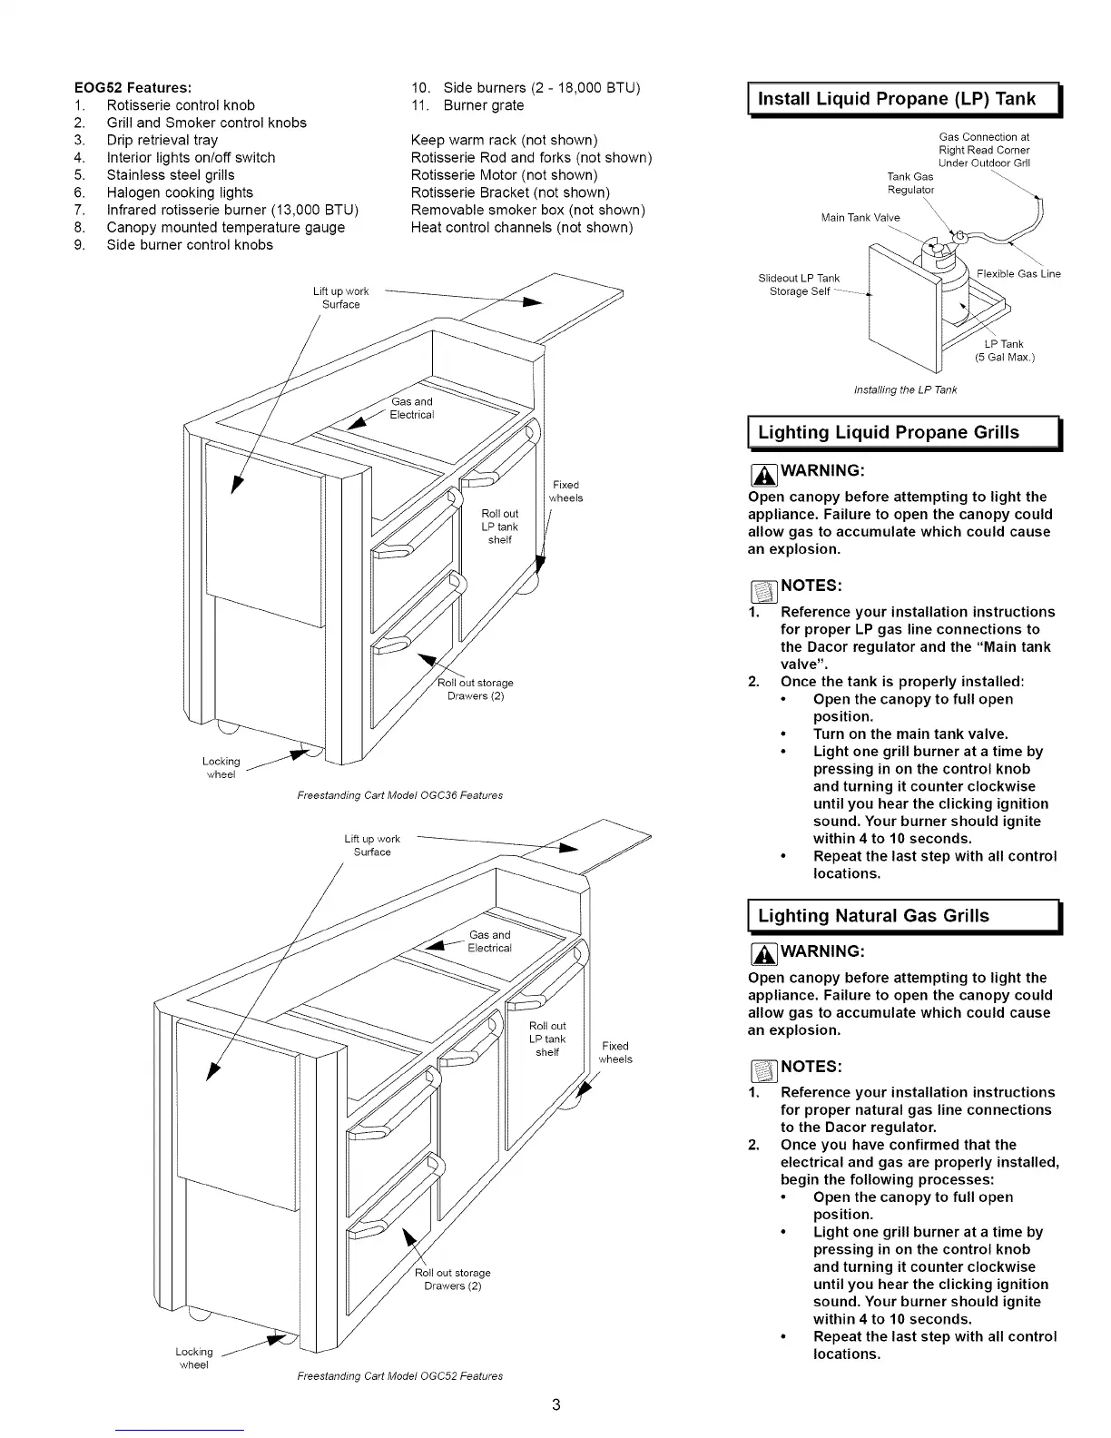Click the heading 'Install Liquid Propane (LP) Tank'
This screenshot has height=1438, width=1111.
(x=896, y=99)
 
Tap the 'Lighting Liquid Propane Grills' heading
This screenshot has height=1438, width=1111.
(x=888, y=433)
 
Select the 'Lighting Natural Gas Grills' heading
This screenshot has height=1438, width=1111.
(x=873, y=916)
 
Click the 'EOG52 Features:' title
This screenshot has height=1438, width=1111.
(x=133, y=88)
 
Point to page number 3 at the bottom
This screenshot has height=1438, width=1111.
(x=555, y=1405)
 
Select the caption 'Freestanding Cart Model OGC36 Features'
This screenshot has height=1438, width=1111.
(x=400, y=795)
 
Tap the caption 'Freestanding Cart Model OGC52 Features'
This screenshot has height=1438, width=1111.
(x=400, y=1376)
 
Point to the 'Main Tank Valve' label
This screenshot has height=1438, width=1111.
(x=860, y=218)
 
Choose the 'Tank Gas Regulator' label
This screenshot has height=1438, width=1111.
(x=909, y=183)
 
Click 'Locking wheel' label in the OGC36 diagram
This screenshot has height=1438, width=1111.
(x=221, y=768)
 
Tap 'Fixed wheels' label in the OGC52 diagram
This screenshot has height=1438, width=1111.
(x=615, y=1052)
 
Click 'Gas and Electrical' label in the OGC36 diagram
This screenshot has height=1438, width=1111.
(x=411, y=409)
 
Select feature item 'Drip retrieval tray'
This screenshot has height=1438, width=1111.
(x=162, y=140)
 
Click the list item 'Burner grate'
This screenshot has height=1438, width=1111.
(x=483, y=105)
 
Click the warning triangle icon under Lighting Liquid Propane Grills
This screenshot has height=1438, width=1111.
(x=762, y=472)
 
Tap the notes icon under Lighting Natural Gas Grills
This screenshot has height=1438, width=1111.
(x=762, y=1068)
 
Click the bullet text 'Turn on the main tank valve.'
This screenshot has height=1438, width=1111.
(x=910, y=734)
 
